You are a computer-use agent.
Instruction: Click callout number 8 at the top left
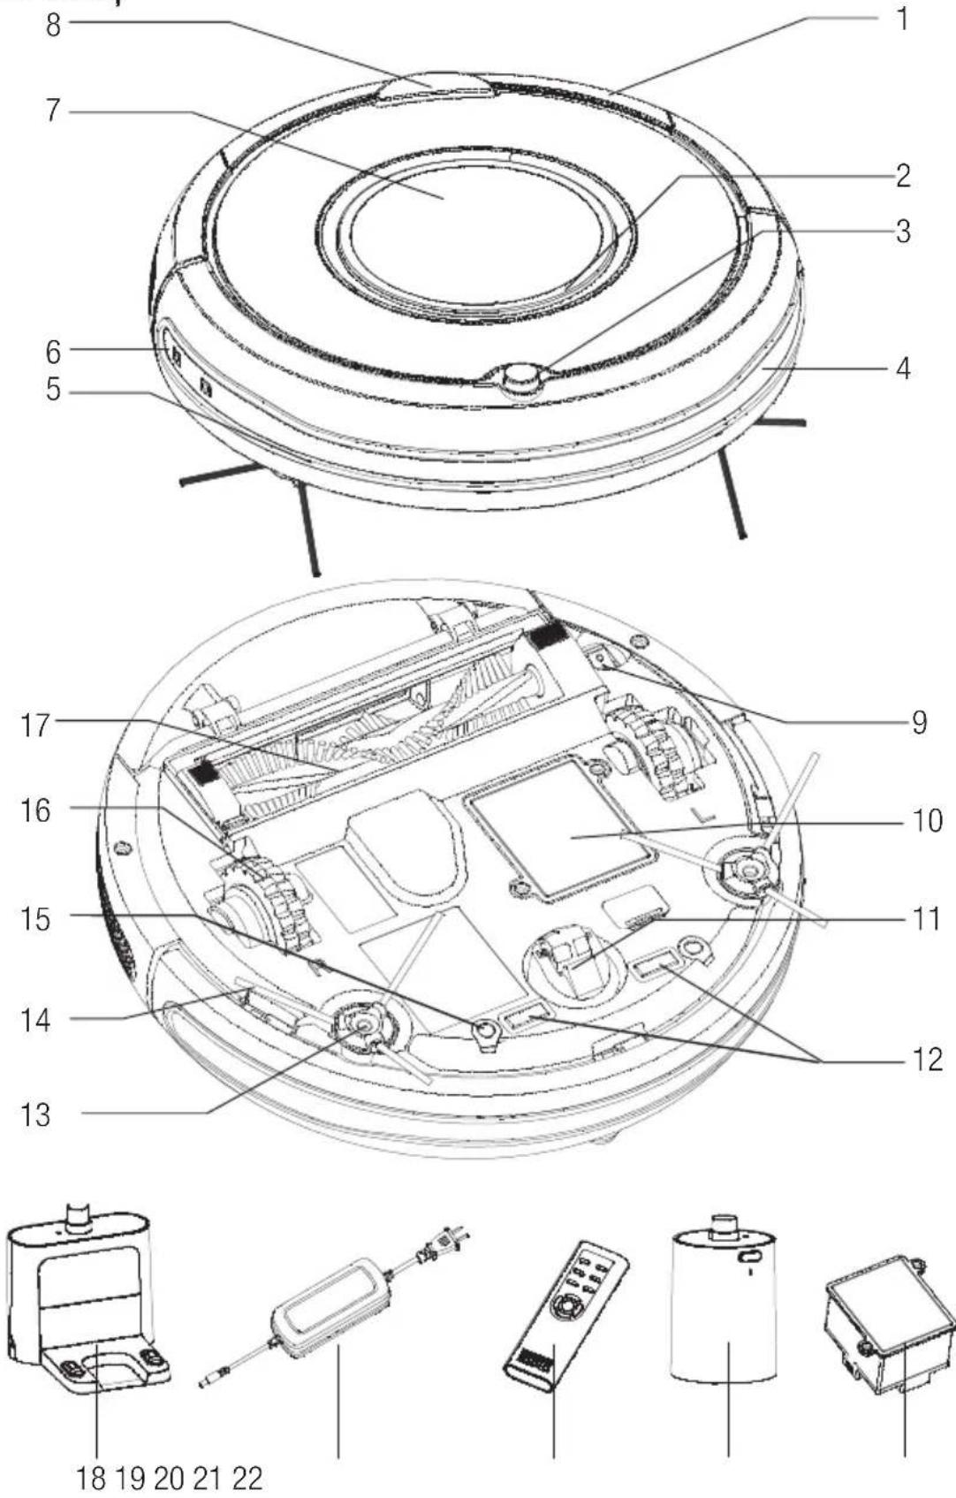point(53,26)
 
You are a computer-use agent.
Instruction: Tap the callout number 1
point(902,19)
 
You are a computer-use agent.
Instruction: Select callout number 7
point(53,110)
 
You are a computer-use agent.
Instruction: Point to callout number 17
point(34,726)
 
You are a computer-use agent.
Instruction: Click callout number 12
point(926,1059)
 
